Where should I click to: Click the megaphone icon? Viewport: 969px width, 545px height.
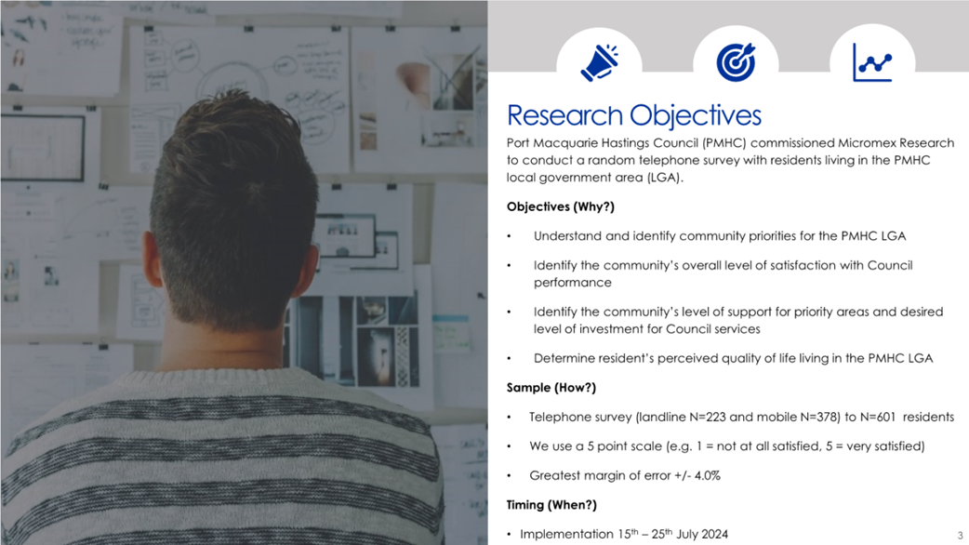point(599,62)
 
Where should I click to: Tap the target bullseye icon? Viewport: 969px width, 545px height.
point(736,62)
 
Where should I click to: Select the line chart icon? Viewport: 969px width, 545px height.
point(872,62)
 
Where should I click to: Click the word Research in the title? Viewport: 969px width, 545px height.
point(564,115)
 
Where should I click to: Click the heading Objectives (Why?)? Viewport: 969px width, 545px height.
point(561,206)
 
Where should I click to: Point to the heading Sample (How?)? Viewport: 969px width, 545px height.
point(551,388)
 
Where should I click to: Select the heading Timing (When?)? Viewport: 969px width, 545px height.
point(551,505)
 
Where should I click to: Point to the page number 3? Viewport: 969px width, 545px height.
point(960,535)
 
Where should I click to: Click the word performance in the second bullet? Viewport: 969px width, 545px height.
point(572,283)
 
